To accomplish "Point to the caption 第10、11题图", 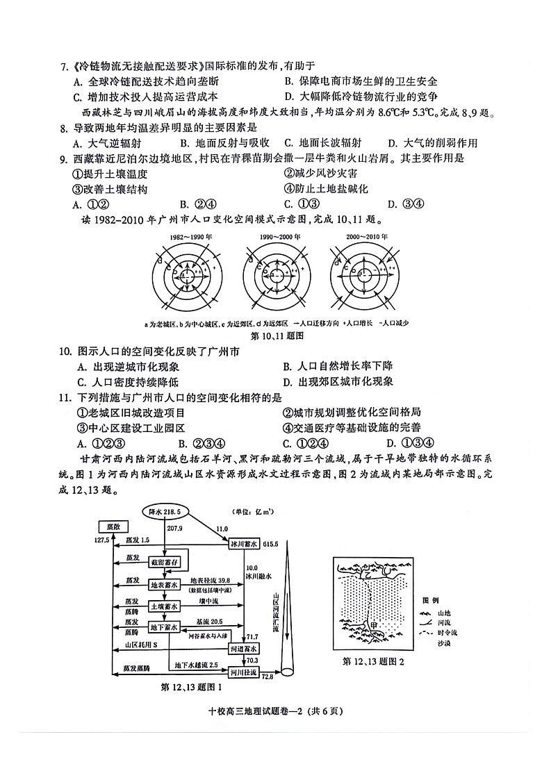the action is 274,335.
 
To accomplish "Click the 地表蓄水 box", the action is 165,585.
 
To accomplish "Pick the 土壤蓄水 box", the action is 165,606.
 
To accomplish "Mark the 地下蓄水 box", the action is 165,627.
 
